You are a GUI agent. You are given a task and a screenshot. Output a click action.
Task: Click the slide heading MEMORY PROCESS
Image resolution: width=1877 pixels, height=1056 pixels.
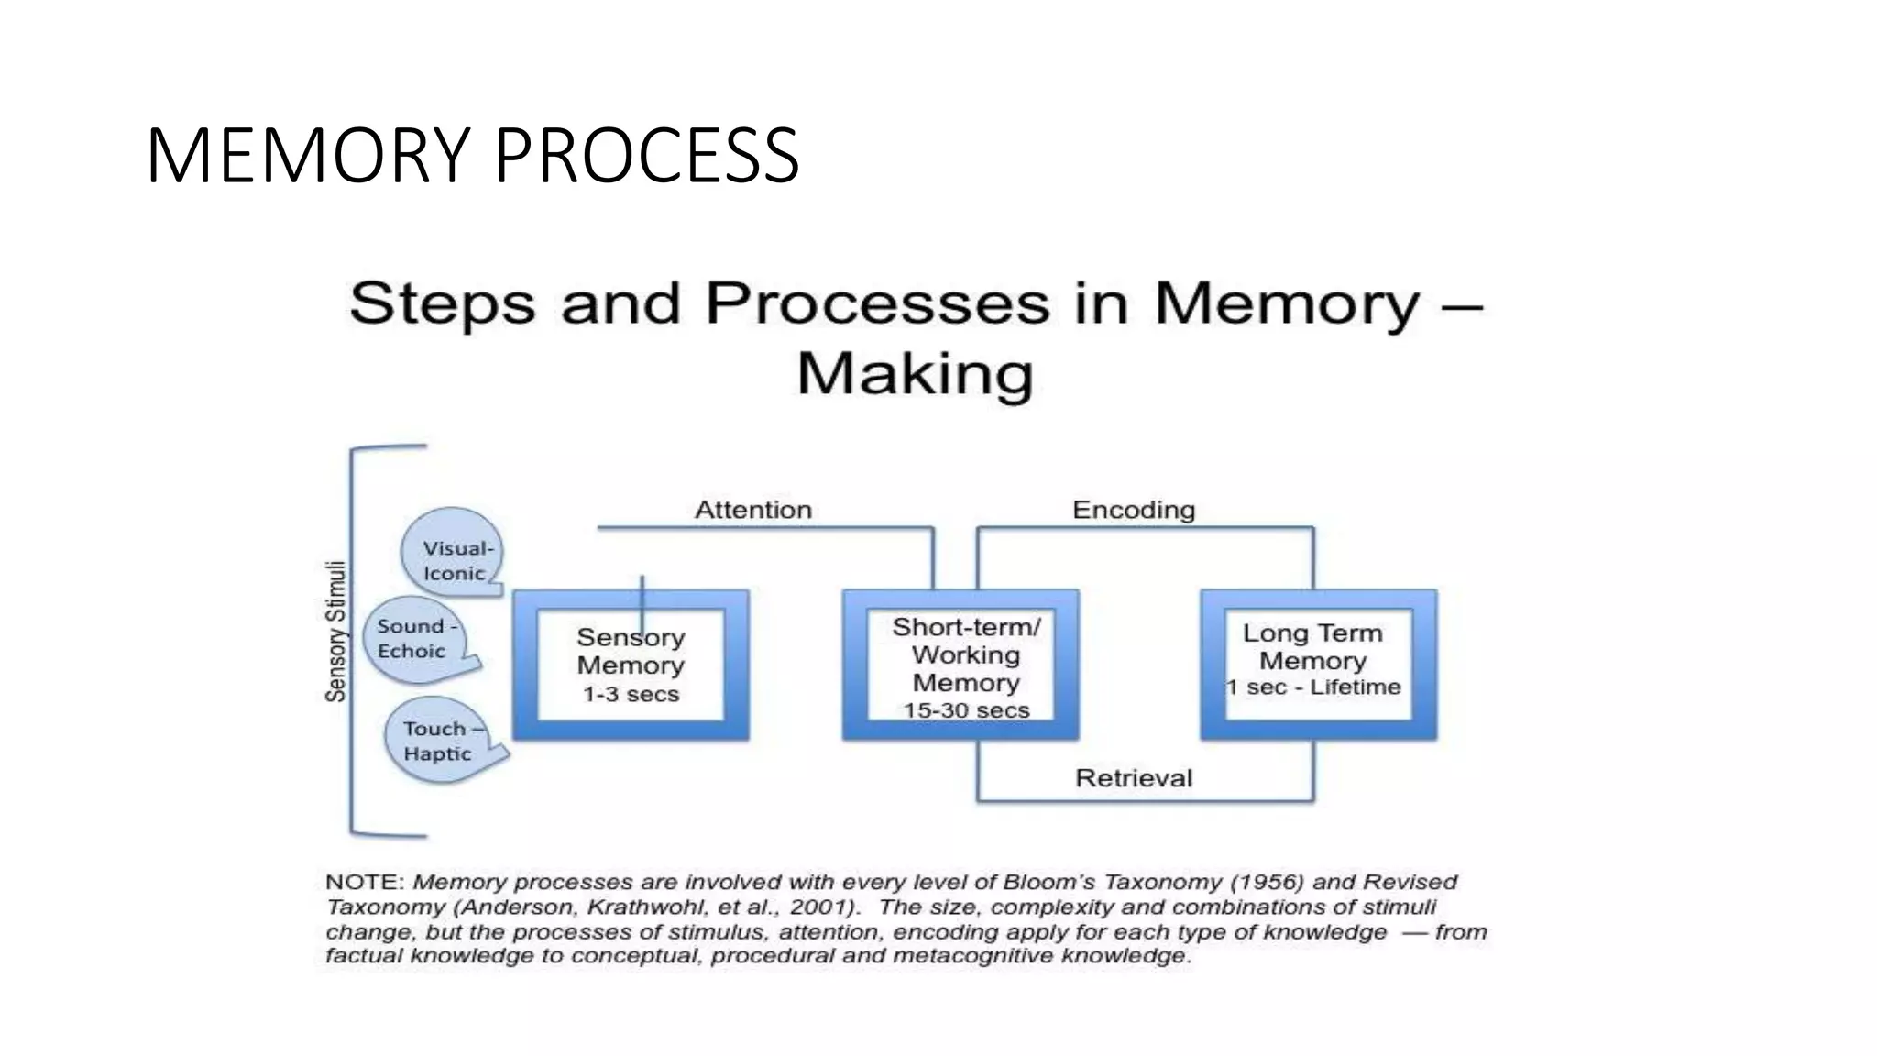[472, 156]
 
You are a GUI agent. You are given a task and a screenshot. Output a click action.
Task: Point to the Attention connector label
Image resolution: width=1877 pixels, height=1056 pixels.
[753, 510]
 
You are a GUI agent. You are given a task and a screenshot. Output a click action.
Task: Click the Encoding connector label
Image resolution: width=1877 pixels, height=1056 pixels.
[1134, 510]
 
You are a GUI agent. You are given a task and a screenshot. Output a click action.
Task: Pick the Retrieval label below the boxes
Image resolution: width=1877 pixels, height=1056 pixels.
[1134, 778]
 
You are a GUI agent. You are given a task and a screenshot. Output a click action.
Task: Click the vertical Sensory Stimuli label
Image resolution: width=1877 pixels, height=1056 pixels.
[336, 632]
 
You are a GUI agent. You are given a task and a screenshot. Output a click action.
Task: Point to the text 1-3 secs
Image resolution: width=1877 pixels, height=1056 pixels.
[631, 695]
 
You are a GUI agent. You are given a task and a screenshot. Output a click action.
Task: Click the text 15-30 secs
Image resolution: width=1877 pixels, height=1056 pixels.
[966, 710]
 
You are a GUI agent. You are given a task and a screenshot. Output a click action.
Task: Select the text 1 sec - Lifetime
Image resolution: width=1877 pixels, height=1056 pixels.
[1313, 687]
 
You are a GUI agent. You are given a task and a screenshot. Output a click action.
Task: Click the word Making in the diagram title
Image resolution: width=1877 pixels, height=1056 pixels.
[915, 373]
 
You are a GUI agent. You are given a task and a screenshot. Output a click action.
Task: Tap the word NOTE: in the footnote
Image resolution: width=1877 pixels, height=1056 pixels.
[365, 882]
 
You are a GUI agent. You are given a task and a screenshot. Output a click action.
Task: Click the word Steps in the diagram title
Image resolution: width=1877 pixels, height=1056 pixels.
[442, 302]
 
